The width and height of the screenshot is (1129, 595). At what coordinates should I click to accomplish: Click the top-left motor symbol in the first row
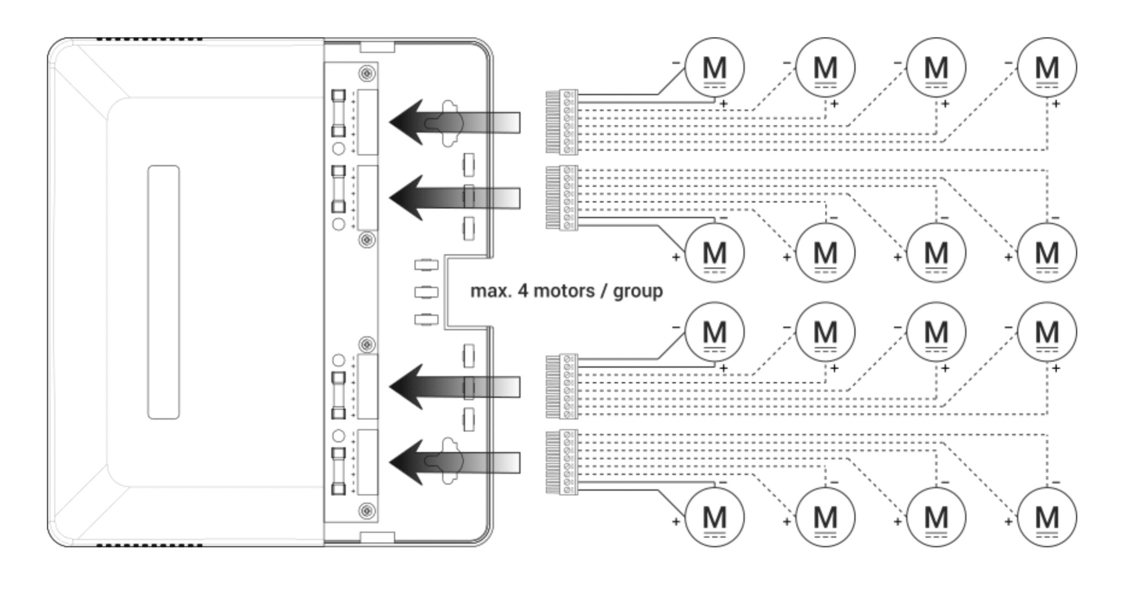click(714, 67)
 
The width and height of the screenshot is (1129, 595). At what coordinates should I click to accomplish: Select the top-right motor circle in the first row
click(1046, 67)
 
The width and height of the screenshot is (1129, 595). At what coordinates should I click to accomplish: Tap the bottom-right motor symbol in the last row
click(1046, 517)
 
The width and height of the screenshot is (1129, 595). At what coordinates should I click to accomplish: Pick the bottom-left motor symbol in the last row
click(714, 517)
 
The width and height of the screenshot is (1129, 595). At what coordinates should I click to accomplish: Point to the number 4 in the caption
click(523, 291)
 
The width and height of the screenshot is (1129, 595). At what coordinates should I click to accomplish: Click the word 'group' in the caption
click(638, 292)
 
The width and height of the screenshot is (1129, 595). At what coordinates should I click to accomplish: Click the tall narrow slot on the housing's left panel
click(163, 292)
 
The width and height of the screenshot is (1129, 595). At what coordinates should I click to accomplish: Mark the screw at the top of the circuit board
click(367, 73)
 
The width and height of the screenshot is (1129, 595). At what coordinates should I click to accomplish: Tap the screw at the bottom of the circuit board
click(367, 511)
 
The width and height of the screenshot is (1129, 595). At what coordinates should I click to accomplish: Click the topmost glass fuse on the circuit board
click(338, 114)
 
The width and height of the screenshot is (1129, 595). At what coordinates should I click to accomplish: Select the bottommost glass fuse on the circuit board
click(338, 471)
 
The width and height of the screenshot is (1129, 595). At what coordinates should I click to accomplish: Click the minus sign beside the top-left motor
click(676, 63)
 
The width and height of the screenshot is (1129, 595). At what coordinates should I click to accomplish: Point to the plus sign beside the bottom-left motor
click(676, 522)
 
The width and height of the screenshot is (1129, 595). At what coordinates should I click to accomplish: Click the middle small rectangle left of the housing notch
click(426, 292)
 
